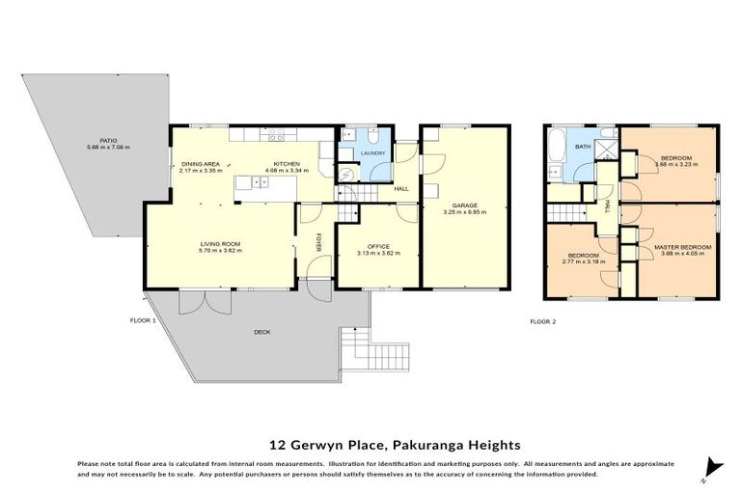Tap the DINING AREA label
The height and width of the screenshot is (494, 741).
[201, 165]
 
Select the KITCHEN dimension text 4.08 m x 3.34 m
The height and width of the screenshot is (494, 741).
[287, 172]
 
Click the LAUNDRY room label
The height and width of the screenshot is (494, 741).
[372, 153]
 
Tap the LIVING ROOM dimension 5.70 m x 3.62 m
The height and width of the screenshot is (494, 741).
[220, 251]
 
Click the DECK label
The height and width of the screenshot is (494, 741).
[261, 332]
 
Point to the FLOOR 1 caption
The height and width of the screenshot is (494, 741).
[145, 319]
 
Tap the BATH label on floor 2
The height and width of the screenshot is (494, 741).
[583, 147]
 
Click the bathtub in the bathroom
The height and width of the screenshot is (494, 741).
[555, 150]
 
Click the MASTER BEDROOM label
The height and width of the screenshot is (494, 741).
[682, 247]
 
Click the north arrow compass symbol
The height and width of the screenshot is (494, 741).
[712, 465]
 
